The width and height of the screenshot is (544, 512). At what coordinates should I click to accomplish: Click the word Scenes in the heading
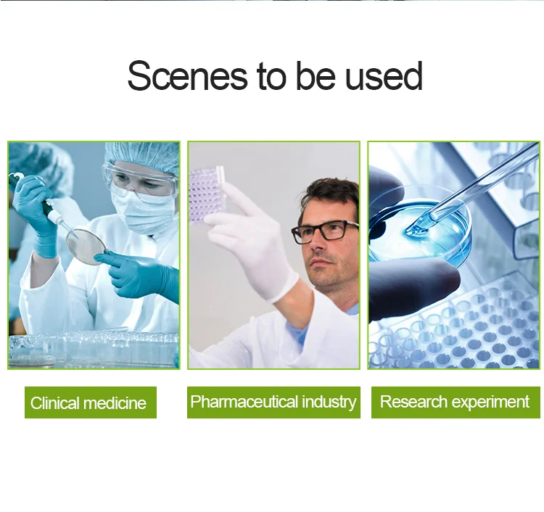[x=188, y=76]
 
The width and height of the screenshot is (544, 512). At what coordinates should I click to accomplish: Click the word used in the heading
[x=384, y=76]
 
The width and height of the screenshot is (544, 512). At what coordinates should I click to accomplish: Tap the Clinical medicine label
[x=91, y=402]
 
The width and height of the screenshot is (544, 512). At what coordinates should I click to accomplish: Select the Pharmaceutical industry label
[x=273, y=402]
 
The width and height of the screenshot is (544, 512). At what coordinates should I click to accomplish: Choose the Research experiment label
[x=456, y=402]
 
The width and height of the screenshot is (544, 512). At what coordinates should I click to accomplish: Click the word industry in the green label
[x=329, y=402]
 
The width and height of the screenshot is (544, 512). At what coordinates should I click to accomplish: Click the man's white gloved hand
[x=253, y=247]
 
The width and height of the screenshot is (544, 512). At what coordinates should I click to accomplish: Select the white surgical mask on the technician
[x=144, y=211]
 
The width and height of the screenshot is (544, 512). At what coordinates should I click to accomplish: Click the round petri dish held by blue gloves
[x=86, y=245]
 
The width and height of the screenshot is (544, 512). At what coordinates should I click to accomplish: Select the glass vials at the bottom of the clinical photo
[x=94, y=349]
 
